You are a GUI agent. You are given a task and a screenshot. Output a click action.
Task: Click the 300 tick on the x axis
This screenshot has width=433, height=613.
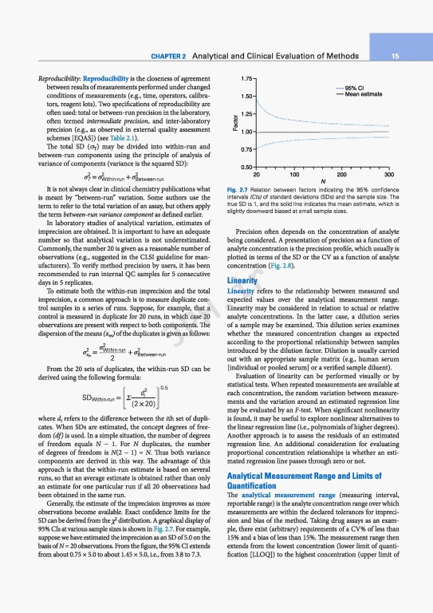click(389, 173)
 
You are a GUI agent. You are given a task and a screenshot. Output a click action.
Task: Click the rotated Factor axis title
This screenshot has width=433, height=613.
click(234, 123)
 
